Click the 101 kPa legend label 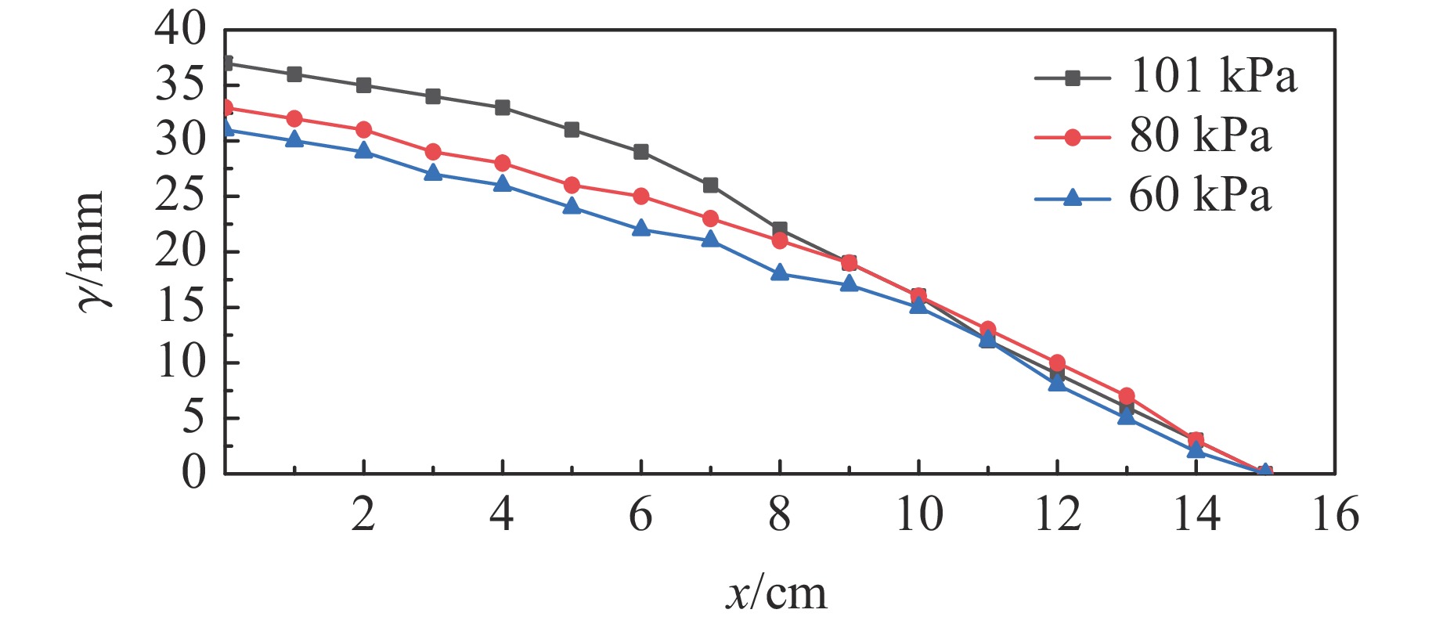tap(1213, 77)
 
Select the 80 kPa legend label tap(1199, 136)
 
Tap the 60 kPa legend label tap(1199, 196)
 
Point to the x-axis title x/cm tap(776, 594)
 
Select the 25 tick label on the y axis tap(180, 197)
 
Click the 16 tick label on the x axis tap(1335, 515)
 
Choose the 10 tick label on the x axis tap(918, 515)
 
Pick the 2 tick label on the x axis tap(363, 515)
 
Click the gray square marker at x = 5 tap(572, 129)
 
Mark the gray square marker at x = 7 tap(710, 185)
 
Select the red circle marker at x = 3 tap(433, 151)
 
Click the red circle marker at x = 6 tap(641, 196)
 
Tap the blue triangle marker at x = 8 tap(780, 272)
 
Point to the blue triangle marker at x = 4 tap(502, 184)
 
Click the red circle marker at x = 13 tap(1127, 396)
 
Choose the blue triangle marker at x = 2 tap(363, 150)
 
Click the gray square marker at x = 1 tap(294, 74)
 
